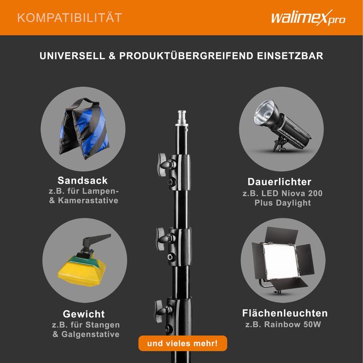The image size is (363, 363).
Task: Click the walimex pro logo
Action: pos(308,18)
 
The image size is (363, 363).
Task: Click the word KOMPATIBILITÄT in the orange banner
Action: pos(70,18)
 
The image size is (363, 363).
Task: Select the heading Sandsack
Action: pos(83,180)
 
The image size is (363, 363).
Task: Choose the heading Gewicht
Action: pos(84,314)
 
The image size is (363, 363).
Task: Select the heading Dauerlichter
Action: pos(279,182)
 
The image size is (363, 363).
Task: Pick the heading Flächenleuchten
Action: pos(285,314)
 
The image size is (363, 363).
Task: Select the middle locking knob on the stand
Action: pos(163,235)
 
